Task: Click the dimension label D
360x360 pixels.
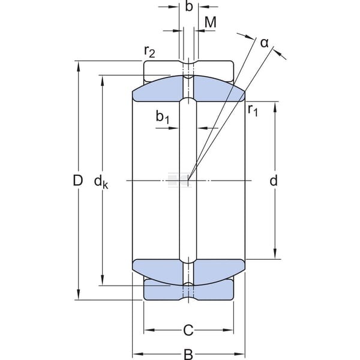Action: pos(77,180)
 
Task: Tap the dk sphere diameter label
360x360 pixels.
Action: pos(101,182)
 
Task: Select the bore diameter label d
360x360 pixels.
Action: pos(274,180)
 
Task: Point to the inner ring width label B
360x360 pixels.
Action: pos(188,354)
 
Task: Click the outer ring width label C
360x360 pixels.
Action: pos(188,331)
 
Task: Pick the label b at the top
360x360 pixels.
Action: pos(189,6)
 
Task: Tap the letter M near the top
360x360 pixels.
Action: pos(211,22)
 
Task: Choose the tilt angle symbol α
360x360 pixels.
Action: pos(264,43)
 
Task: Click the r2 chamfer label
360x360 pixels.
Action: pos(149,51)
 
